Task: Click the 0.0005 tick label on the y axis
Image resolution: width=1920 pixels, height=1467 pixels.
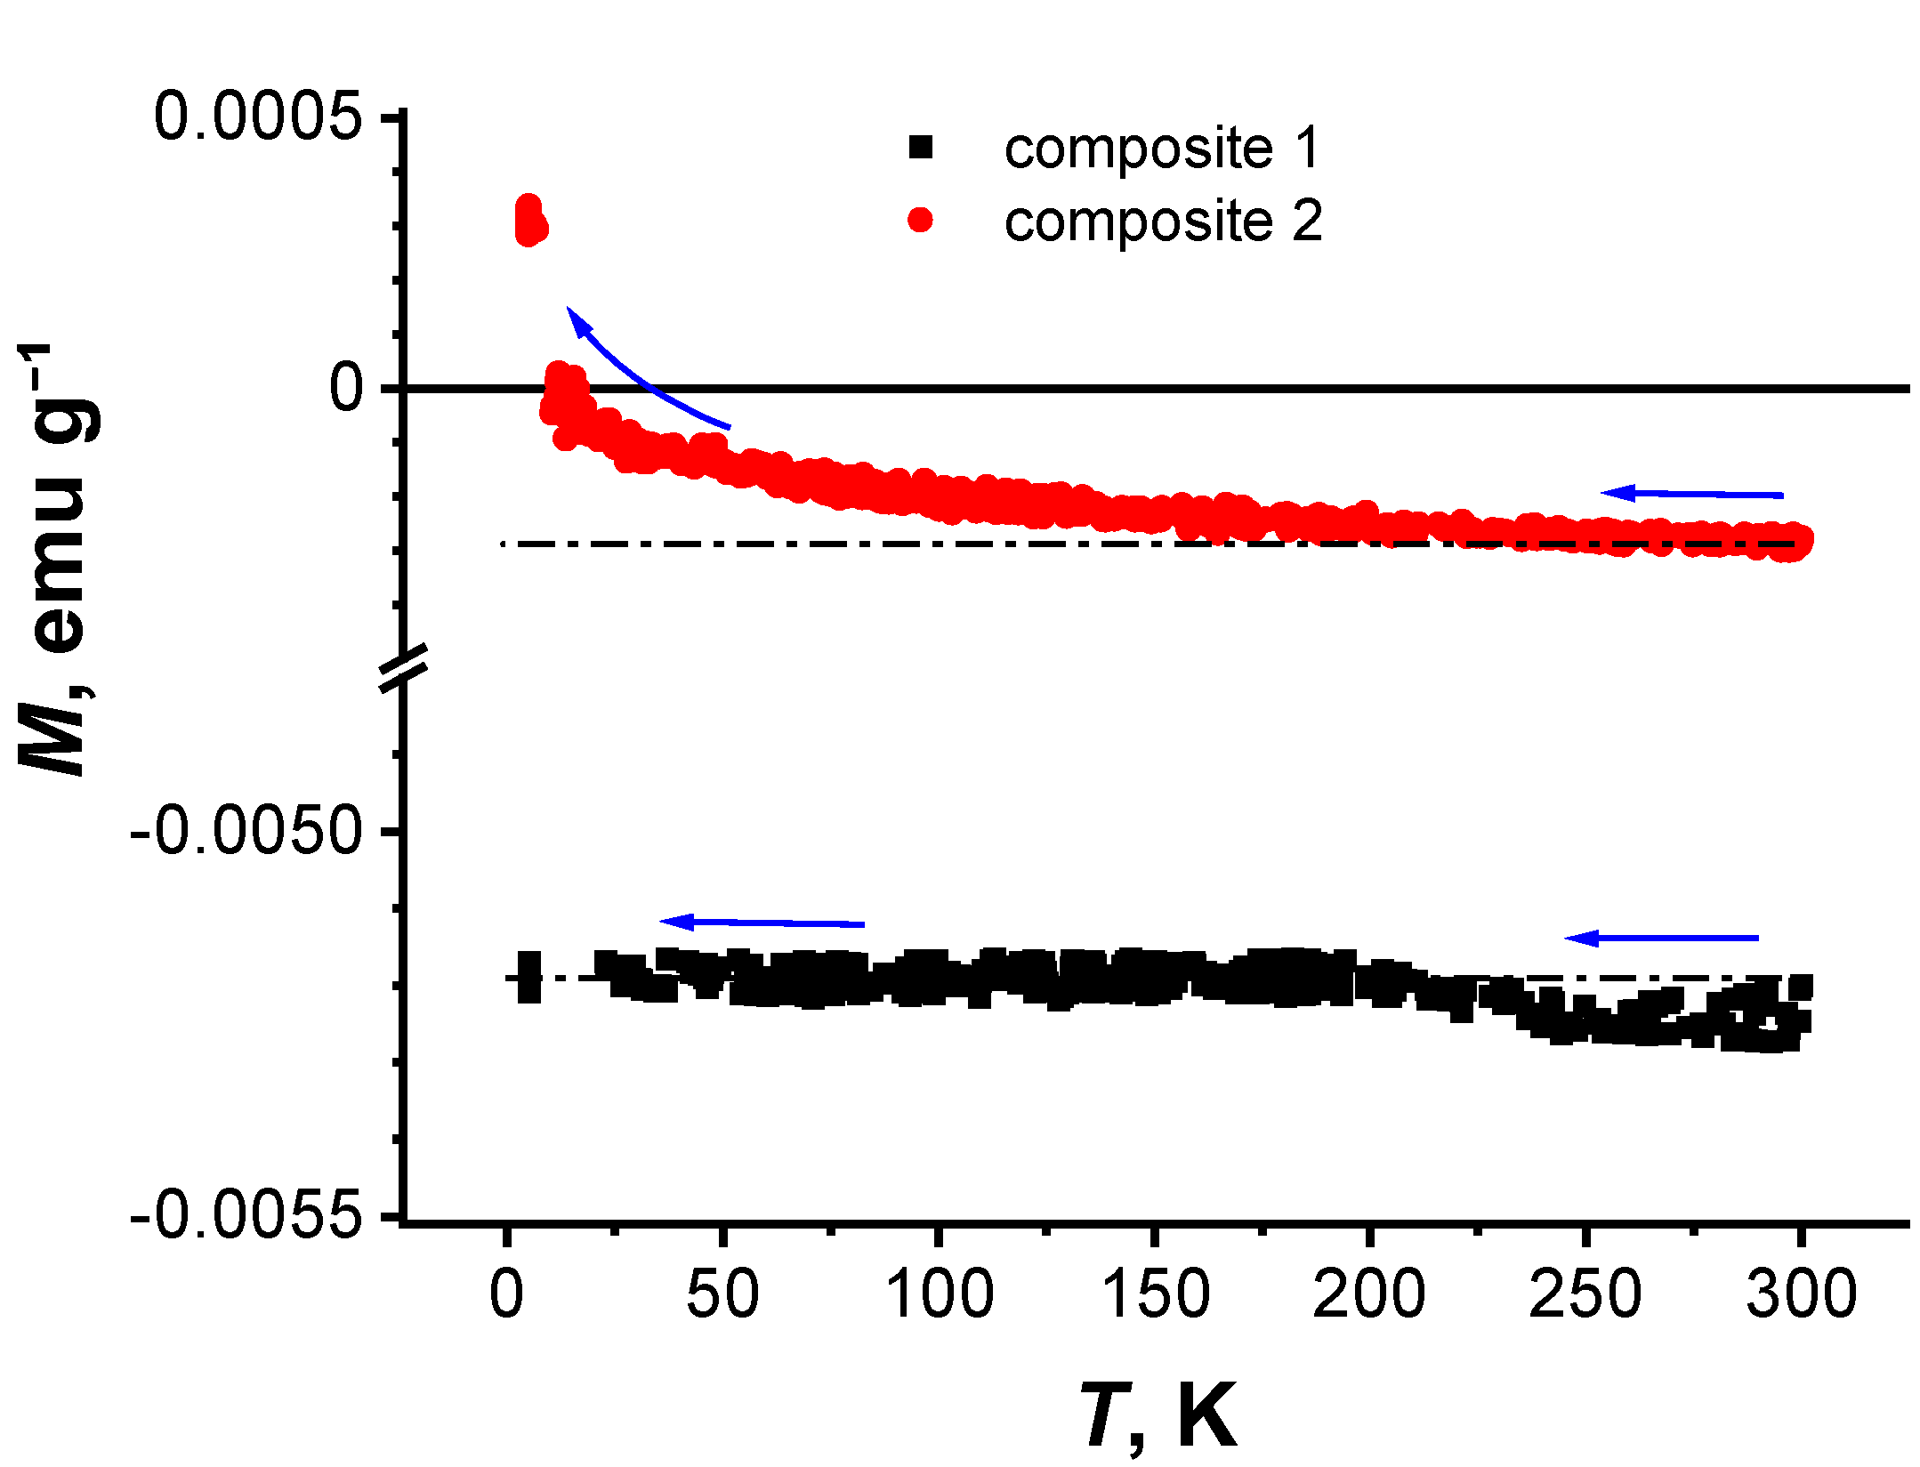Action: pyautogui.click(x=258, y=117)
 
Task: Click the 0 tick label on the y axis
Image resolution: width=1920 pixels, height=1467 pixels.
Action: pyautogui.click(x=347, y=388)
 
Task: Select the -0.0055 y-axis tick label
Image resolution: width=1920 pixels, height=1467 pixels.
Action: pyautogui.click(x=247, y=1215)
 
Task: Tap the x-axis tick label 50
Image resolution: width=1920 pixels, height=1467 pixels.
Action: pyautogui.click(x=722, y=1295)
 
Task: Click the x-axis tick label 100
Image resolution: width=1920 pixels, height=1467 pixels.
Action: pyautogui.click(x=940, y=1295)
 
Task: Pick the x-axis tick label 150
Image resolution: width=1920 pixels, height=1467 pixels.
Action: pyautogui.click(x=1155, y=1295)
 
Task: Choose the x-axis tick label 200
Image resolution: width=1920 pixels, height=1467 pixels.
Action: pyautogui.click(x=1370, y=1295)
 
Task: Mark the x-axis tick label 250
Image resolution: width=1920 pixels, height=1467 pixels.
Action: pyautogui.click(x=1585, y=1295)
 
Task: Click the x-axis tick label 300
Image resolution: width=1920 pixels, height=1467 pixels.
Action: pyautogui.click(x=1802, y=1295)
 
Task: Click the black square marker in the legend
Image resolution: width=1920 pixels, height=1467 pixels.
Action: pyautogui.click(x=921, y=147)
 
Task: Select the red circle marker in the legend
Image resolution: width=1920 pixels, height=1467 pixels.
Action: pyautogui.click(x=921, y=220)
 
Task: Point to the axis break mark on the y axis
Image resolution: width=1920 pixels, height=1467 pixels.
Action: pyautogui.click(x=404, y=666)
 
